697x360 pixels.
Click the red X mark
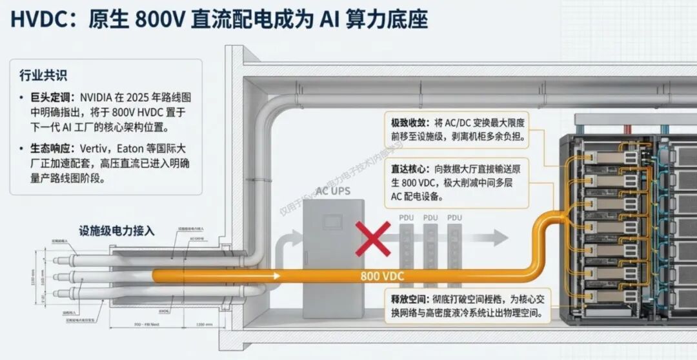click(372, 239)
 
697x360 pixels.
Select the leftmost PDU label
click(407, 218)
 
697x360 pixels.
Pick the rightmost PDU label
click(454, 218)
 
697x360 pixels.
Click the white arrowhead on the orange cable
click(276, 275)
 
